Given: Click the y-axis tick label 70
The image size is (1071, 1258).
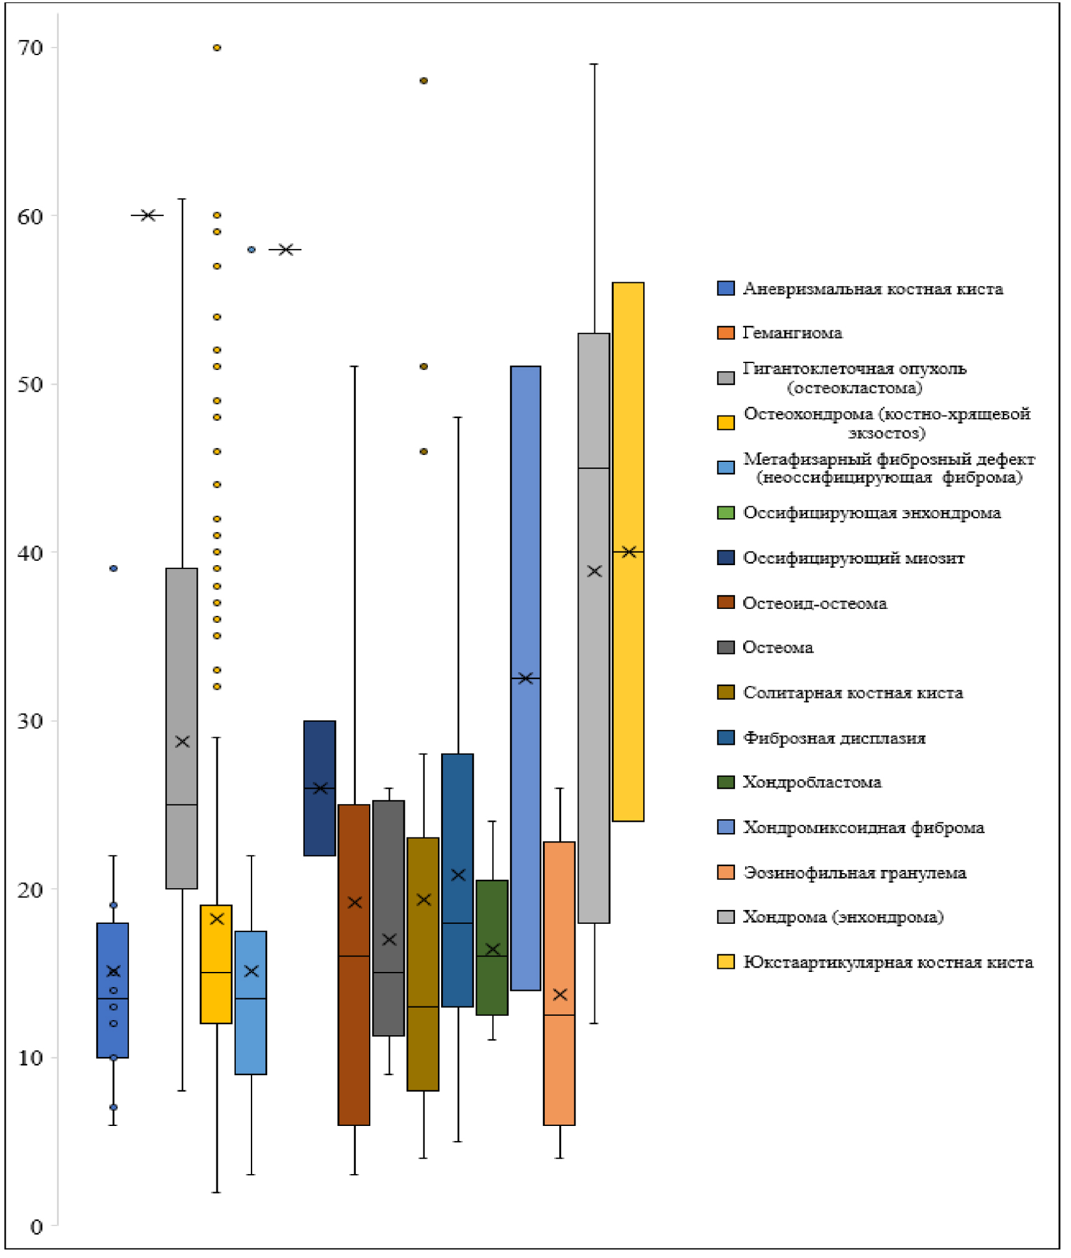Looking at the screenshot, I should [30, 48].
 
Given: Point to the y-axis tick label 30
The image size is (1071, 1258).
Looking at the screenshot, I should [30, 720].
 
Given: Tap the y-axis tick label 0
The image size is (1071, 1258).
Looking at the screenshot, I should [36, 1227].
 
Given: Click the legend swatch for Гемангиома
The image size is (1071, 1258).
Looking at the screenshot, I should [725, 332].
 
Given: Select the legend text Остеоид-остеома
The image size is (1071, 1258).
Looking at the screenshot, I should [815, 603].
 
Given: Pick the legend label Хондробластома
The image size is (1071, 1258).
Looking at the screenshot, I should [811, 782].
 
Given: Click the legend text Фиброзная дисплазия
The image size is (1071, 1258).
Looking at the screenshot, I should [834, 738].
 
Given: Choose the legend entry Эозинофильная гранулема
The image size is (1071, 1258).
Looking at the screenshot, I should [854, 872].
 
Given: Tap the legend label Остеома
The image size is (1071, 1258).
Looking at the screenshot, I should [778, 647].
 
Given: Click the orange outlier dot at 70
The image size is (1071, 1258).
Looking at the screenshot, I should [216, 48].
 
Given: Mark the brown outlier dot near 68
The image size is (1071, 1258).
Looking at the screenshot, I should [424, 81].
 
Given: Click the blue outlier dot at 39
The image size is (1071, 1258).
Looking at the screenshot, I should [113, 568].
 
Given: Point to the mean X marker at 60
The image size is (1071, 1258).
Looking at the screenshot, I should [148, 215].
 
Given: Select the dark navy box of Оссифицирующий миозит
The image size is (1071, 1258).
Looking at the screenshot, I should [319, 788].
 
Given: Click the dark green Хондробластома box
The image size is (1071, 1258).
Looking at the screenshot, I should [492, 947].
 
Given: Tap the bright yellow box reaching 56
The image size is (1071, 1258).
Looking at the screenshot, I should [628, 551].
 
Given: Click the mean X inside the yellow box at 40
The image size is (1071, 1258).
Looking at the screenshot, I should [629, 551].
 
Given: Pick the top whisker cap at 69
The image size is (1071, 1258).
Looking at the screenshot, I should [594, 64].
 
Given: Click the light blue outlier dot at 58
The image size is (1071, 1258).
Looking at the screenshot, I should [251, 249].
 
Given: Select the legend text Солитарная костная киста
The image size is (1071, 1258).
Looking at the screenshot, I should [853, 693].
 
